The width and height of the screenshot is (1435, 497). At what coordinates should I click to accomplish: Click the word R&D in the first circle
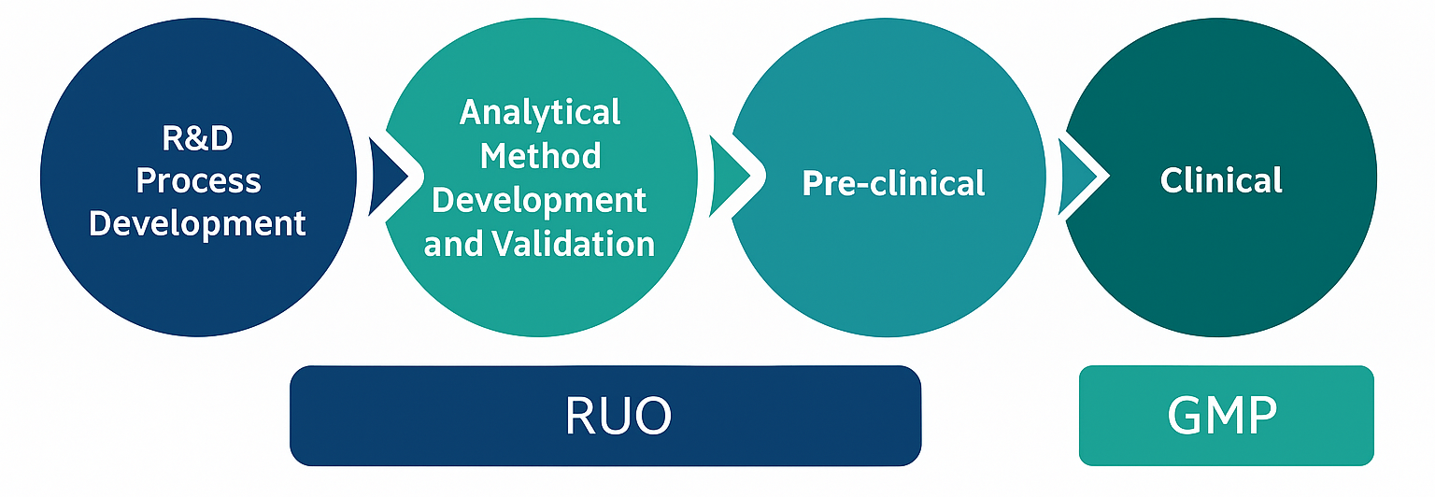[x=197, y=138]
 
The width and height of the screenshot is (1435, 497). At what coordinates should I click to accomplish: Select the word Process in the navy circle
[x=198, y=180]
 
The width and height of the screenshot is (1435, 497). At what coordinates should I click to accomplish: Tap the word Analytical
[x=540, y=113]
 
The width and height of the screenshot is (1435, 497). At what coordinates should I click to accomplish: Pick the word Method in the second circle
[x=540, y=155]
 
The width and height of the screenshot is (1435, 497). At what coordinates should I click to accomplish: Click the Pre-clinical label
[x=893, y=183]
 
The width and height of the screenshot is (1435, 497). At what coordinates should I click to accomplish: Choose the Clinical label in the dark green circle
[x=1221, y=179]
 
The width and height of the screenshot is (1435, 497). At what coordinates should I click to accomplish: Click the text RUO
[x=618, y=416]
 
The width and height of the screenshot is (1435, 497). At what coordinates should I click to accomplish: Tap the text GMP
[x=1222, y=416]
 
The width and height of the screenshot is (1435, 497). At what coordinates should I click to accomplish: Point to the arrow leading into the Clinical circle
[x=1080, y=176]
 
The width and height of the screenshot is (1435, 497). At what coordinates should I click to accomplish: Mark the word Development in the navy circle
[x=198, y=223]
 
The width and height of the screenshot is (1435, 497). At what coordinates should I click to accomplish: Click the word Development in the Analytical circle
[x=540, y=200]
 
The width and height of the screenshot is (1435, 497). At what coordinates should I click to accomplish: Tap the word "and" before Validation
[x=455, y=244]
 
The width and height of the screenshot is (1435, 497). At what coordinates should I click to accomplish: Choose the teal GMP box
[x=1121, y=416]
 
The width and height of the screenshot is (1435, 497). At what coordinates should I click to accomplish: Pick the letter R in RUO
[x=581, y=416]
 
